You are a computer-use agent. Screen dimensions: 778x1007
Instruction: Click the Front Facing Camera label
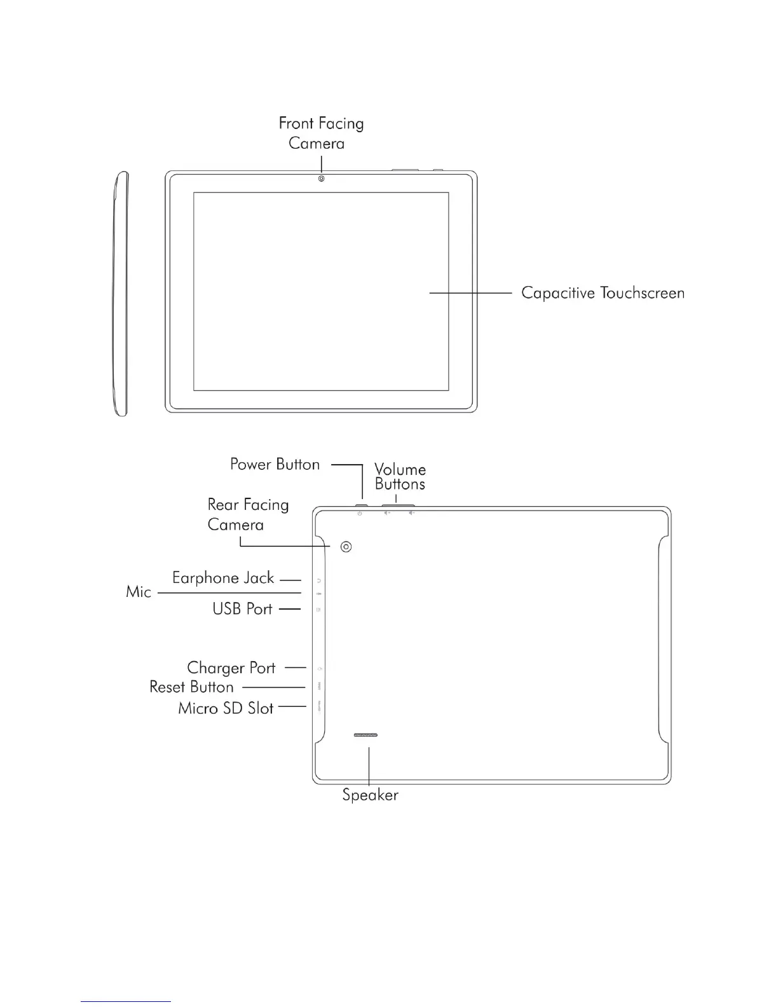[x=321, y=133]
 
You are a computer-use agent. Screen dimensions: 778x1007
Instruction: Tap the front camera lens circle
[x=322, y=179]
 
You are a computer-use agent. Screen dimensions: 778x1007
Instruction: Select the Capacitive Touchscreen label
[x=603, y=293]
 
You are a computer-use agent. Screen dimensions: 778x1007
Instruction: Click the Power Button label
[x=275, y=465]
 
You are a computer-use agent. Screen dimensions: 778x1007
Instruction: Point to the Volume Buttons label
[x=400, y=477]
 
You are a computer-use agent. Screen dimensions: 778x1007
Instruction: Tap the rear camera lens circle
[x=346, y=547]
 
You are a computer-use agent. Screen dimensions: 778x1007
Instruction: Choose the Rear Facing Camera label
[x=247, y=514]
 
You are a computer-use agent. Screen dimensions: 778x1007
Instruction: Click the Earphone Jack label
[x=223, y=578]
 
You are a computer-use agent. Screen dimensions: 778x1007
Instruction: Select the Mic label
[x=139, y=592]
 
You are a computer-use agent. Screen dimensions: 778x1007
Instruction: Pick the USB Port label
[x=242, y=609]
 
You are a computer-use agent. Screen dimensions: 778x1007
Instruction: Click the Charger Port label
[x=231, y=668]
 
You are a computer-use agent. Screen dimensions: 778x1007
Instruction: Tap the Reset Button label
[x=191, y=687]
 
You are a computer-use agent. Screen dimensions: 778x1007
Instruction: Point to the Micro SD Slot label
[x=226, y=708]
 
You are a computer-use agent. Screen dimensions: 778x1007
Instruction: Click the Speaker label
[x=370, y=795]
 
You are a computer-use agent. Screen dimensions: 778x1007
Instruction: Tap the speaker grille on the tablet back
[x=365, y=735]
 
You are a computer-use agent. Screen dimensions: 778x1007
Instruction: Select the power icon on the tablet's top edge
[x=360, y=513]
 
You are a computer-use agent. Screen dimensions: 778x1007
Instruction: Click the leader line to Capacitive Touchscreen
[x=470, y=293]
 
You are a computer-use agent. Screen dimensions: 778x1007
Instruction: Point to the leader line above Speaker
[x=369, y=765]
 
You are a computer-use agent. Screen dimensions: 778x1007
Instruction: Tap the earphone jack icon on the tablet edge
[x=318, y=580]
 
